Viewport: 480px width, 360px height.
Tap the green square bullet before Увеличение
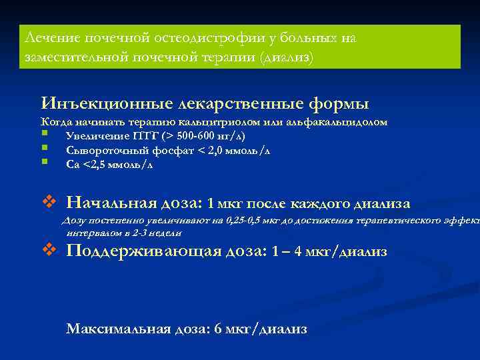45,136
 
